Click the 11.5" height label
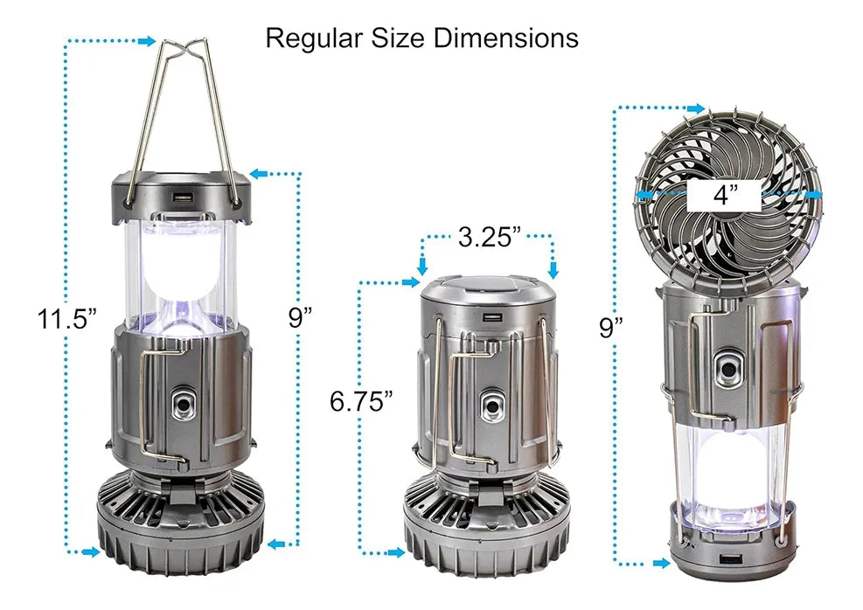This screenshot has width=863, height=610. click(66, 318)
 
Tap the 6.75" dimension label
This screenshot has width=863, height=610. click(361, 401)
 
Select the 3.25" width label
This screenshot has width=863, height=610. click(490, 237)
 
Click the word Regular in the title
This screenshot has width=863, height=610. click(314, 38)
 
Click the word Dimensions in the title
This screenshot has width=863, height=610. click(505, 38)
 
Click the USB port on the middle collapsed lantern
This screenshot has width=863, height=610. click(489, 317)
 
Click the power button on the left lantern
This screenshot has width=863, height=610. click(183, 406)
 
